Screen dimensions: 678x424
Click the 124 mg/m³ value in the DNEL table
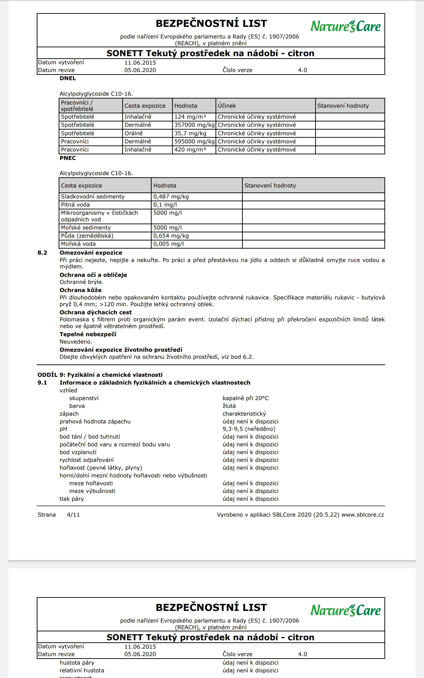tap(190, 117)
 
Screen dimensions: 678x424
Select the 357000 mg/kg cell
tap(194, 125)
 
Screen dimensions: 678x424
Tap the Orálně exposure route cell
tap(134, 133)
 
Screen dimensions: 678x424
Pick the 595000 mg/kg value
tap(194, 142)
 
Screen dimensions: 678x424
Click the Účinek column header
tap(227, 106)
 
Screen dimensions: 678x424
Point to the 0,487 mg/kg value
tap(171, 197)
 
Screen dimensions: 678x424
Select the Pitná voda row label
tap(75, 205)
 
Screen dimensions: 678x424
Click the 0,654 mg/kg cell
tap(171, 236)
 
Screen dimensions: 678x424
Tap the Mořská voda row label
tap(78, 244)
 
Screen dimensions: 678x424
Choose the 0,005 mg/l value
tap(169, 244)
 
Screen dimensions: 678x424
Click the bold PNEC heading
tap(68, 158)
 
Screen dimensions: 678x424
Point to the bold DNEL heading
tap(68, 78)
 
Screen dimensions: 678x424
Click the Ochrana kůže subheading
tap(81, 290)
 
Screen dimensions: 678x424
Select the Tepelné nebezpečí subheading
tap(88, 334)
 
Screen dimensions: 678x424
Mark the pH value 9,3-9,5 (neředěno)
tap(249, 429)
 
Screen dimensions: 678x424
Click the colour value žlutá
tap(229, 406)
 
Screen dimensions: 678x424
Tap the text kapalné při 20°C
tap(246, 398)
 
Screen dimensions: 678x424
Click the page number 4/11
tap(73, 515)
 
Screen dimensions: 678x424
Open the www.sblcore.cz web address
tap(363, 515)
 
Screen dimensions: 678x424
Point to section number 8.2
tap(42, 253)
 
